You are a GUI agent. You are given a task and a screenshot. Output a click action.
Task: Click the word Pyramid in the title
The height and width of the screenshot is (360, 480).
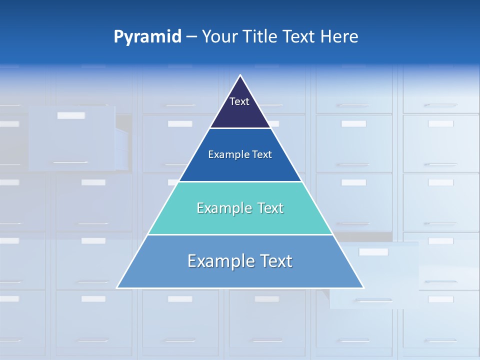pos(147,37)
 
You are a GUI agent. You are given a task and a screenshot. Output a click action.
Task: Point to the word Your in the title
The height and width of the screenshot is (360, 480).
pos(219,37)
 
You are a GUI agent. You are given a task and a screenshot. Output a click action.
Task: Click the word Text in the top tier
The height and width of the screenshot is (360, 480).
pos(239,102)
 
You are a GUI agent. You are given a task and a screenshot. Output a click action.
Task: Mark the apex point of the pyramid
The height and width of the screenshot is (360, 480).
pos(240,75)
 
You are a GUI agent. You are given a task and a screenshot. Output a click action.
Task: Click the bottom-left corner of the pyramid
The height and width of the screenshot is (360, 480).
pos(117,287)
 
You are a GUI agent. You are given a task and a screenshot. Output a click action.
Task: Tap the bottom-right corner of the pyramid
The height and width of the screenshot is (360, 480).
pos(363,287)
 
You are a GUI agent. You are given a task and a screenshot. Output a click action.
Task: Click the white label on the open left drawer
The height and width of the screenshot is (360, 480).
pos(71,115)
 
